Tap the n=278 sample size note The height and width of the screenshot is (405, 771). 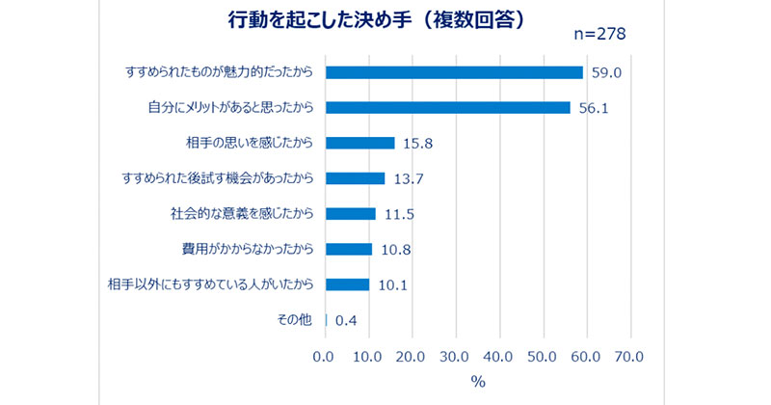598,35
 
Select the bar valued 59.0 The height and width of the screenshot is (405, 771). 454,72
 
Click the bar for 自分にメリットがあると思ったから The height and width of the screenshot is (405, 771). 448,107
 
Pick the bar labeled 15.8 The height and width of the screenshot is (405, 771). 360,143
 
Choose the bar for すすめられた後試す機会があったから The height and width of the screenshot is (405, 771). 356,178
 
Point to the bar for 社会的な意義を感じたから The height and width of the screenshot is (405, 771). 351,214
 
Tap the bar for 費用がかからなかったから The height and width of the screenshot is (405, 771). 349,249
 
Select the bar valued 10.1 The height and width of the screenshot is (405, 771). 348,284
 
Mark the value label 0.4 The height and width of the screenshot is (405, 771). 346,321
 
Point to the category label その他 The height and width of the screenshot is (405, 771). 294,320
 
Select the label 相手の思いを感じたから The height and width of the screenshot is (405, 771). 250,143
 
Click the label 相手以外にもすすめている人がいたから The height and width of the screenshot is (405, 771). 212,284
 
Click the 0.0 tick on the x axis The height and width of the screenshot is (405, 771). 326,357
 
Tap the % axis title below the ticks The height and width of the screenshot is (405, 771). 478,382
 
